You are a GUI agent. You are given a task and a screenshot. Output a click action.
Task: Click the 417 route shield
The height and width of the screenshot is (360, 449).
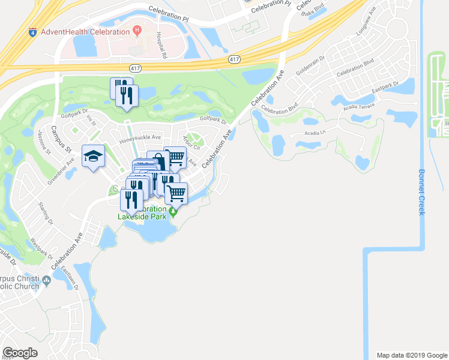[x=235, y=59]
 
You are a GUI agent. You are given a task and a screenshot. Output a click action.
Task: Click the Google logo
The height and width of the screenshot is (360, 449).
[x=20, y=352]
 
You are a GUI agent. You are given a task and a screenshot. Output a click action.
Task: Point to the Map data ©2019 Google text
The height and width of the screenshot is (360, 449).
[x=411, y=355]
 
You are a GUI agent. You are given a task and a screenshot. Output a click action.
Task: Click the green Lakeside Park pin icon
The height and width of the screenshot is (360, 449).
[x=173, y=211]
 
